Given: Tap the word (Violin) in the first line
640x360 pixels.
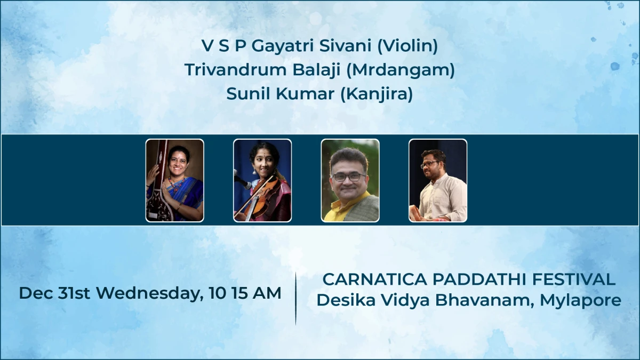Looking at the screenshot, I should tap(407, 46).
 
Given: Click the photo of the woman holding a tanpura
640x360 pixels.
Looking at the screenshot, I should tap(175, 180).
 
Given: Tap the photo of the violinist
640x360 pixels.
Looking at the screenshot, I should tap(262, 180).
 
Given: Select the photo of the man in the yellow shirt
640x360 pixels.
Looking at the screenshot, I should tap(350, 180).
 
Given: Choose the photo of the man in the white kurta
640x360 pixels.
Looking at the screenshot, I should tap(438, 180).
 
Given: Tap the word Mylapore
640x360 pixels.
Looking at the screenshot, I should tap(580, 300).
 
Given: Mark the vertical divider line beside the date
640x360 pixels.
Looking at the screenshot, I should tap(295, 298).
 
